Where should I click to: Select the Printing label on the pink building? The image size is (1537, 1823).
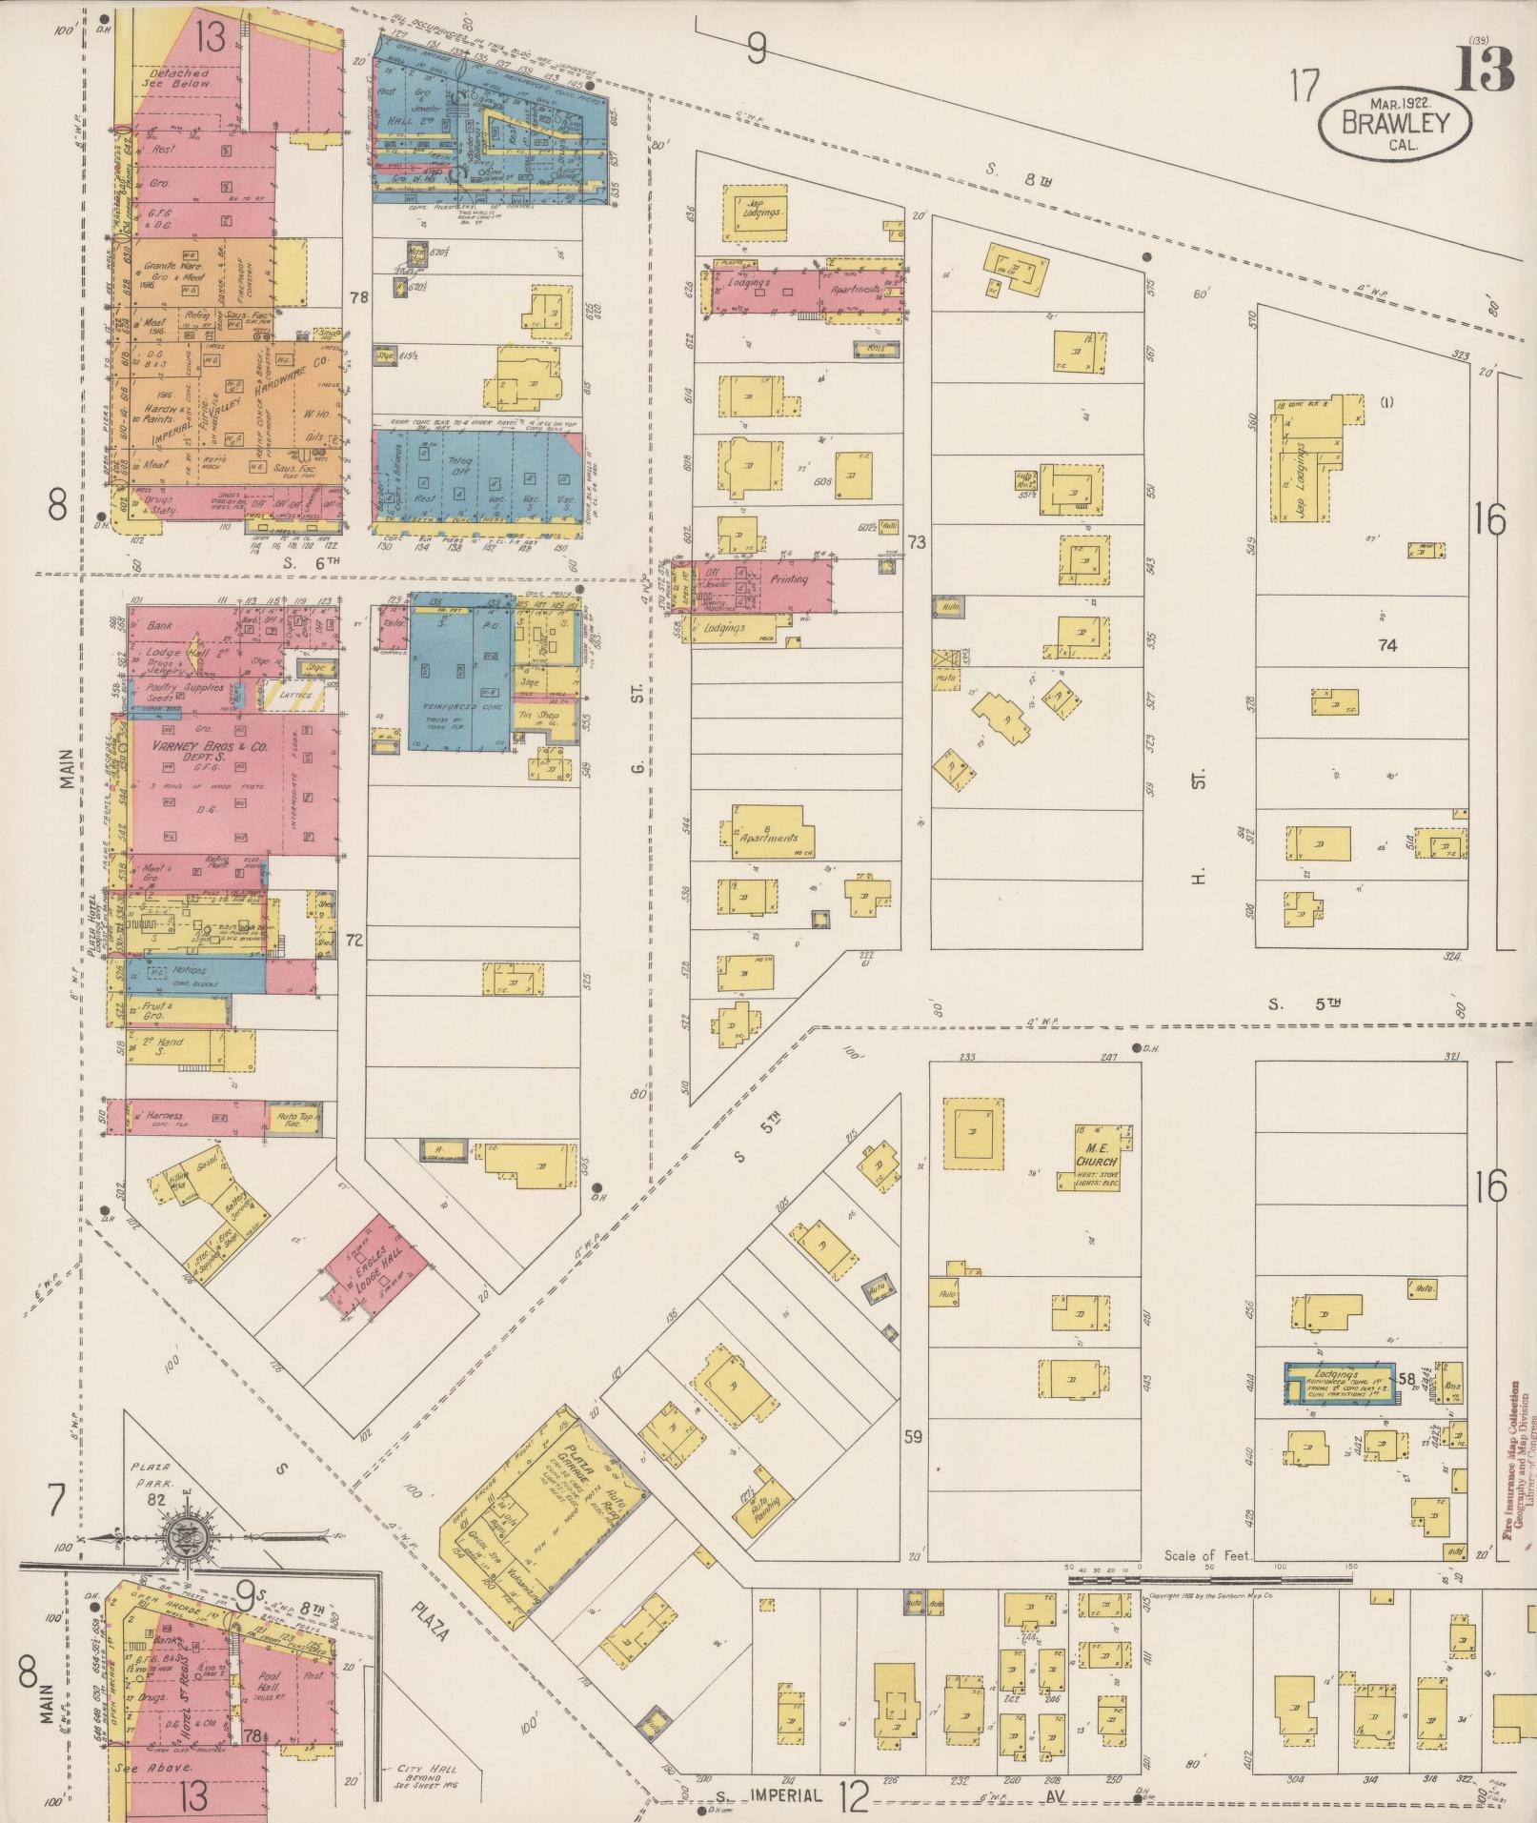click(788, 579)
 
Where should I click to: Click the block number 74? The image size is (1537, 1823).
click(1385, 645)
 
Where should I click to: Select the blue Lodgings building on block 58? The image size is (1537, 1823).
click(1340, 1383)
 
